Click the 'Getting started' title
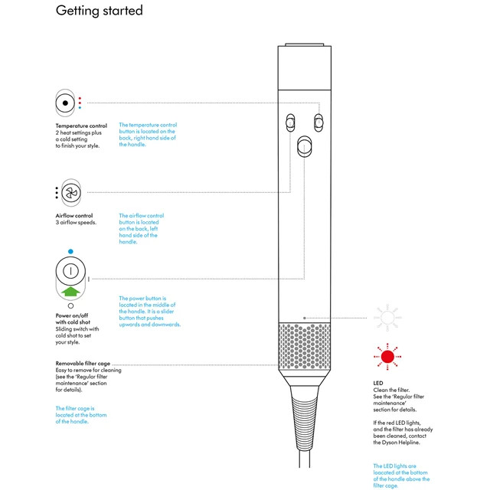pos(100,11)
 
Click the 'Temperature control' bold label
pos(81,125)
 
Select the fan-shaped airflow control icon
pos(70,193)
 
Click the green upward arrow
pos(70,291)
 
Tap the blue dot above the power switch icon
pos(70,251)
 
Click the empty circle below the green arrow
pos(70,305)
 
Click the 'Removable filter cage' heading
pos(88,363)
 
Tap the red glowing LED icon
pos(387,355)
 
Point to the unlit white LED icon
pos(387,316)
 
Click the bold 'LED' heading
pos(377,383)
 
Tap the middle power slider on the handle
pos(305,146)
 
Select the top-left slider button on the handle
pos(290,122)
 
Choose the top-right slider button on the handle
pos(318,122)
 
